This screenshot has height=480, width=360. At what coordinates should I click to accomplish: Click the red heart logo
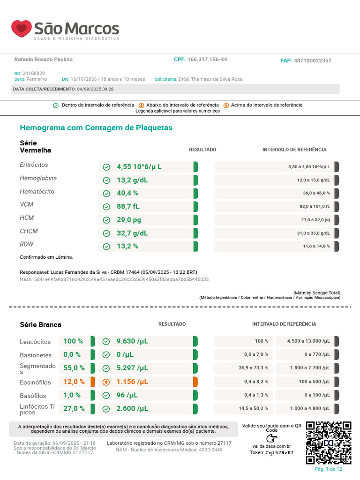pos(22,29)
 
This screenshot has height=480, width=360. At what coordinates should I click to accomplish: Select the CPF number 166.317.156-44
pos(207,60)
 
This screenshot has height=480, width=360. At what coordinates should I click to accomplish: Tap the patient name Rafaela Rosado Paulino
pos(44,60)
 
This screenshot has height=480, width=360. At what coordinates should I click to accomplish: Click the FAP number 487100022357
pos(313,60)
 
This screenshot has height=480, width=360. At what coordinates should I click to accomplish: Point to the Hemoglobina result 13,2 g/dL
pos(132,180)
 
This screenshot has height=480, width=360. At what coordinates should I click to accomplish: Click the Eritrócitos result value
pos(139,167)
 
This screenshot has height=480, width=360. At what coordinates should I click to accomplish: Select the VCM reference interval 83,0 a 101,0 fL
pos(315,206)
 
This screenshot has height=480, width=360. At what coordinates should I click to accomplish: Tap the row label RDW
pos(27,244)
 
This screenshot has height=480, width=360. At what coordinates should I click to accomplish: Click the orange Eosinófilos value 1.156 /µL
pos(132,382)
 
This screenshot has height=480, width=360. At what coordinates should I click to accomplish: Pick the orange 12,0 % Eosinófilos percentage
pos(74,382)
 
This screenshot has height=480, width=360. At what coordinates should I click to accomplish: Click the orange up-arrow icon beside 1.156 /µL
pos(106,382)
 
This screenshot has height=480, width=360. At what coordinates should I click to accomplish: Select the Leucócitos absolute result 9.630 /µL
pos(132,341)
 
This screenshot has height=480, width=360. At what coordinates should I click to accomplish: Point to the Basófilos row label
pos(33,396)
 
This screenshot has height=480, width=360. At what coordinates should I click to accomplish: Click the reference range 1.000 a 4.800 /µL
pos(310,408)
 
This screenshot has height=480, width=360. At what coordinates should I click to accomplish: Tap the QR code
pos(329,443)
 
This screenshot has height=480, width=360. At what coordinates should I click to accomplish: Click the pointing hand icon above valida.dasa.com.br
pos(272,438)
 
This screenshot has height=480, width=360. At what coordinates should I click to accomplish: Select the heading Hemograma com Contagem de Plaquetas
pos(96,127)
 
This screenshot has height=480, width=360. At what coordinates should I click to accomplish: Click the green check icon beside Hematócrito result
pos(106,194)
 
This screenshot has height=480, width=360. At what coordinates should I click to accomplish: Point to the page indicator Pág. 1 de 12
pos(329,469)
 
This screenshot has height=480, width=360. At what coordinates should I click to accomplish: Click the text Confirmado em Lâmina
pos(46,257)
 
